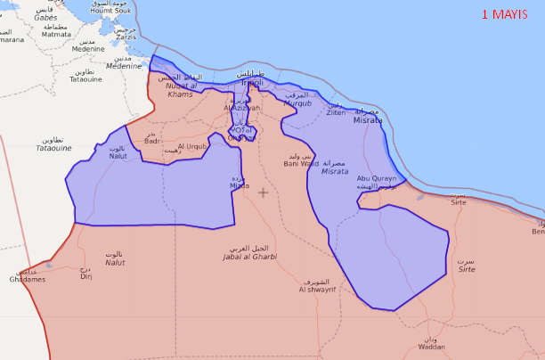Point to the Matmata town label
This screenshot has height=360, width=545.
(x=56, y=34)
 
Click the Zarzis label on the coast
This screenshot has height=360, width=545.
(x=126, y=37)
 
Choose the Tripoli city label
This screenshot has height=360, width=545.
(x=258, y=82)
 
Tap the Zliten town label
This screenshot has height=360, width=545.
(x=336, y=113)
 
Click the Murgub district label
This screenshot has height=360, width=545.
(x=297, y=102)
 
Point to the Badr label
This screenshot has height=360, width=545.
(x=152, y=141)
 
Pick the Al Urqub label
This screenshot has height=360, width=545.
(x=192, y=146)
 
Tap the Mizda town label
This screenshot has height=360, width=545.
(x=240, y=185)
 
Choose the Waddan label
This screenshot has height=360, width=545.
(x=431, y=347)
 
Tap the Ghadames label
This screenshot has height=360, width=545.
(x=28, y=279)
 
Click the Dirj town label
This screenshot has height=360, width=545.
(x=86, y=276)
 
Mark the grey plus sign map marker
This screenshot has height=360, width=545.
(x=263, y=192)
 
